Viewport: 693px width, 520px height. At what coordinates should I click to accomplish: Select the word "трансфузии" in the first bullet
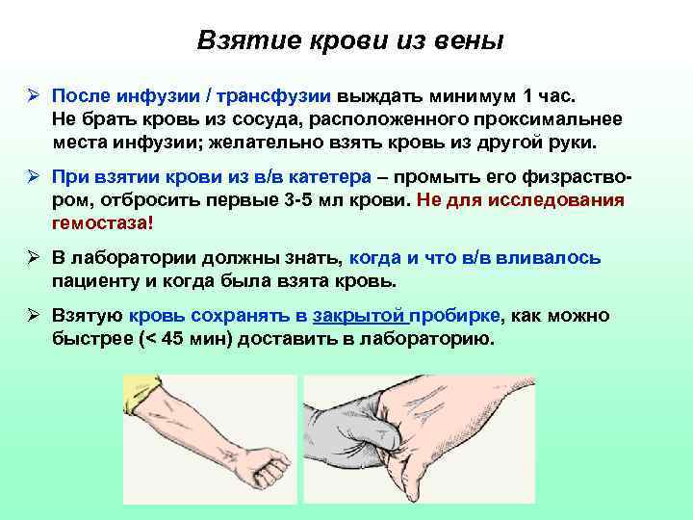point(278,97)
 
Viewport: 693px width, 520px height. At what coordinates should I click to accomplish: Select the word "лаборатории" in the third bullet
point(128,258)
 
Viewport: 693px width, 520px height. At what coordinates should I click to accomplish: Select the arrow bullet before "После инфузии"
point(33,97)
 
